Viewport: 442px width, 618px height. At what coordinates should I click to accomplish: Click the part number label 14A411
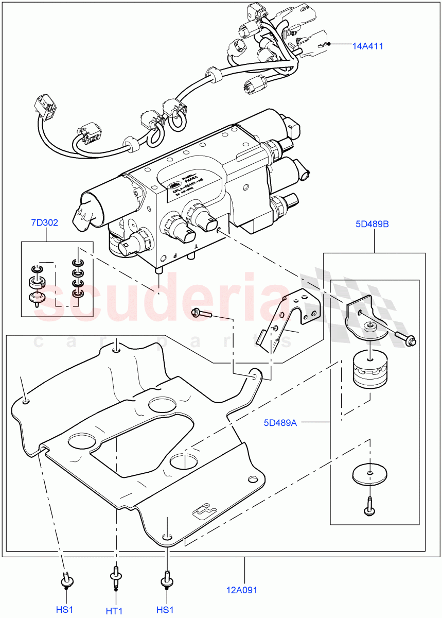point(367,46)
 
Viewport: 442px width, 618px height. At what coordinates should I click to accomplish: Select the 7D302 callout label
point(44,223)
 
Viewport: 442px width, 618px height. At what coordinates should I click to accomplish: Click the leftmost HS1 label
point(65,609)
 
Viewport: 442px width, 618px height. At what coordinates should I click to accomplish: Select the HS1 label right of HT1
point(165,609)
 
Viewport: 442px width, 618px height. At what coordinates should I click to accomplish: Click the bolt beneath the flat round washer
point(369,505)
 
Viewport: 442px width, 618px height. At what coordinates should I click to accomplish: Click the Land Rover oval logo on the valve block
point(173,183)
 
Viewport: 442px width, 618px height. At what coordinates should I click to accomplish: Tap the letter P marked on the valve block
point(174,255)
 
